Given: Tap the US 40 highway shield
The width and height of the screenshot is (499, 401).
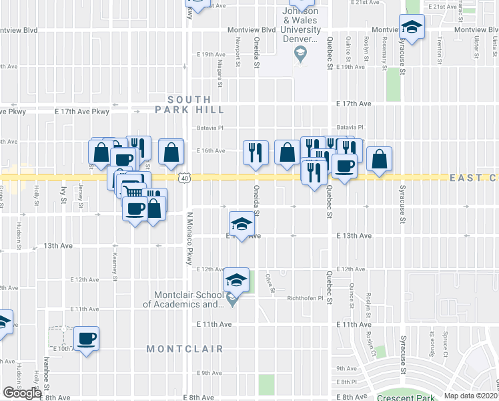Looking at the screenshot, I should pyautogui.click(x=185, y=178).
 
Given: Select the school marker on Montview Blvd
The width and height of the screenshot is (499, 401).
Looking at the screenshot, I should pyautogui.click(x=412, y=28).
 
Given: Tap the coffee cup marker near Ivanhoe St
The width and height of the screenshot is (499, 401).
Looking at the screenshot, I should pyautogui.click(x=86, y=338).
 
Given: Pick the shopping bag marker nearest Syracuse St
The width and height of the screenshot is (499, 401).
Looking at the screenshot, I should pyautogui.click(x=379, y=159).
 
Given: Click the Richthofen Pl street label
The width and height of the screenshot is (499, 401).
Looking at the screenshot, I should pyautogui.click(x=306, y=299).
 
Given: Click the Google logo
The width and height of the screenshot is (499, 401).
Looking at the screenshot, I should pyautogui.click(x=21, y=393).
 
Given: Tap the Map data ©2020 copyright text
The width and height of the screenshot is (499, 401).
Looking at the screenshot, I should pyautogui.click(x=470, y=396).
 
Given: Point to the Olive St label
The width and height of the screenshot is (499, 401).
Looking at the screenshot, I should pyautogui.click(x=271, y=283).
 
